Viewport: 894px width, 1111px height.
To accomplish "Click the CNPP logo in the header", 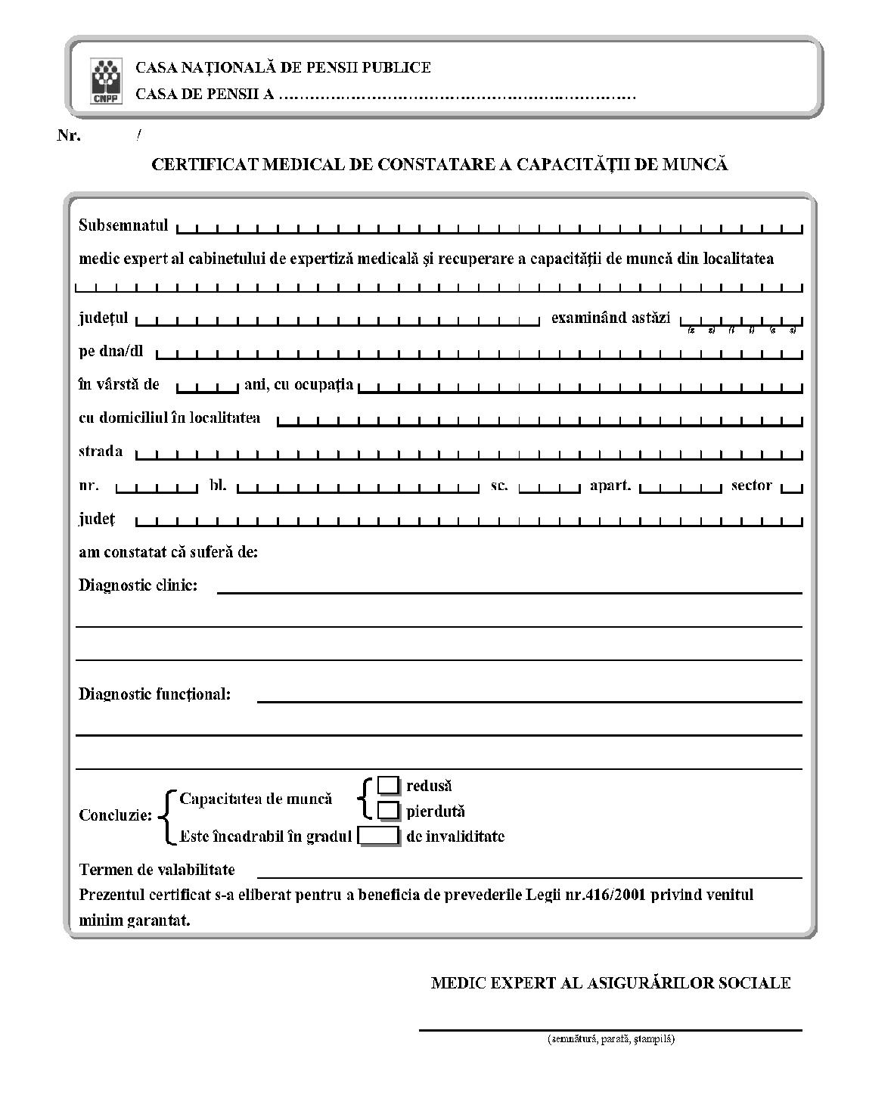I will [x=106, y=81].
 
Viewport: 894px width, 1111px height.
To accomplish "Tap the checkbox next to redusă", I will [x=388, y=786].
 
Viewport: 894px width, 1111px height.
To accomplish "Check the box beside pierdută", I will [x=388, y=811].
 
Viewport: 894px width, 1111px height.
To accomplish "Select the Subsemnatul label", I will [x=123, y=225].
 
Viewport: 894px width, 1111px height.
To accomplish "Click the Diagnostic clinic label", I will [x=138, y=585].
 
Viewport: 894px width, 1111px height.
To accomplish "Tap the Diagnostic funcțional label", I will [x=154, y=694].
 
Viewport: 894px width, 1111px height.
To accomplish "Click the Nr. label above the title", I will [x=69, y=136].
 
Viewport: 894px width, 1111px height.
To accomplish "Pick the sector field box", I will [x=792, y=487].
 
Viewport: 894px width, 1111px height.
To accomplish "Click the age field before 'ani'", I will [x=207, y=386].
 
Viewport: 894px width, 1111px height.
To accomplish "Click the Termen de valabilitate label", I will [x=157, y=869].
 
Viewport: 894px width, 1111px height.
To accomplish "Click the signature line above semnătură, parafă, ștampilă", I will [x=610, y=1029].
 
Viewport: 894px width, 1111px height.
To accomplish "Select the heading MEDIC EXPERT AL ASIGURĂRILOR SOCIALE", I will [x=610, y=982].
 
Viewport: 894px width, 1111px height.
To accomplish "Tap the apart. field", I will [x=681, y=487].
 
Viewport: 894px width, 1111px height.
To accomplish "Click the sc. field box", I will [x=549, y=487].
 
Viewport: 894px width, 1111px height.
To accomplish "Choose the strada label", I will [x=101, y=452].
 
